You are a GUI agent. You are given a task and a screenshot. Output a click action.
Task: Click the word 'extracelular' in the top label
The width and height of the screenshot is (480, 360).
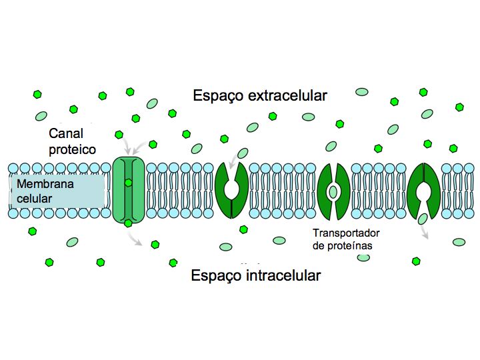pyautogui.click(x=287, y=95)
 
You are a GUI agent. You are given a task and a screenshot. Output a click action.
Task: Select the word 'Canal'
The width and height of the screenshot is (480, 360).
pyautogui.click(x=66, y=134)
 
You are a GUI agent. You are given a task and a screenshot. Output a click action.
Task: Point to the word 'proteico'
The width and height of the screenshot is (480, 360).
pyautogui.click(x=73, y=149)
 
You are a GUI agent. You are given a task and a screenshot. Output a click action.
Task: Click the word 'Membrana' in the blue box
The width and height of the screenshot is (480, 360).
pyautogui.click(x=45, y=184)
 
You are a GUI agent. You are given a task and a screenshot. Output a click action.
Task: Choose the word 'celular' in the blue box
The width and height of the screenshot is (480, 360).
pyautogui.click(x=35, y=198)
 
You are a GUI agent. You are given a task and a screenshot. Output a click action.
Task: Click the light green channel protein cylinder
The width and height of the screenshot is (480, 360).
pyautogui.click(x=128, y=190)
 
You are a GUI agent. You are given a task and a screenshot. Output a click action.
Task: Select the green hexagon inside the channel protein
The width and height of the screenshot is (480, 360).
pyautogui.click(x=128, y=182)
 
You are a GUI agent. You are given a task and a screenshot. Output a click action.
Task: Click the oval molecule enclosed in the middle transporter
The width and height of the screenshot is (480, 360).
pyautogui.click(x=333, y=192)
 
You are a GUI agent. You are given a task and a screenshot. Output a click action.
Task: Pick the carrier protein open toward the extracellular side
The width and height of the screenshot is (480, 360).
pyautogui.click(x=231, y=190)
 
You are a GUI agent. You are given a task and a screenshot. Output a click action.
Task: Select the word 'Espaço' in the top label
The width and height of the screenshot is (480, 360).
pyautogui.click(x=219, y=95)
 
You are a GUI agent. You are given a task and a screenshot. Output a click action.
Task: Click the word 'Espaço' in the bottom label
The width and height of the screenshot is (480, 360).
pyautogui.click(x=216, y=275)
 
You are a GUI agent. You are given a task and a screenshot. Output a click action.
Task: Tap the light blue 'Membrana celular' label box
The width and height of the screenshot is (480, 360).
pyautogui.click(x=57, y=191)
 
